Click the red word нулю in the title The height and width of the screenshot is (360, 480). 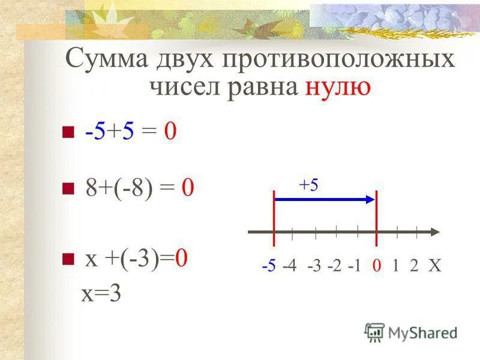[338, 88]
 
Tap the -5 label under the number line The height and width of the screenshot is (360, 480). [269, 266]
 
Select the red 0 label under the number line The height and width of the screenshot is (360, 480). [376, 266]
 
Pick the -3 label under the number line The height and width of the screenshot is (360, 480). [314, 266]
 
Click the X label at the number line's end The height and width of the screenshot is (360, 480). [434, 266]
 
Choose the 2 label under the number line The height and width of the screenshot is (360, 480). [414, 266]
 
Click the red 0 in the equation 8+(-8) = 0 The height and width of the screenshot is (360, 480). [188, 189]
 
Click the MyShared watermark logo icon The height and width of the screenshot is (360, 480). [374, 332]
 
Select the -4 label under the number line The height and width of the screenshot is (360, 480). [290, 266]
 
